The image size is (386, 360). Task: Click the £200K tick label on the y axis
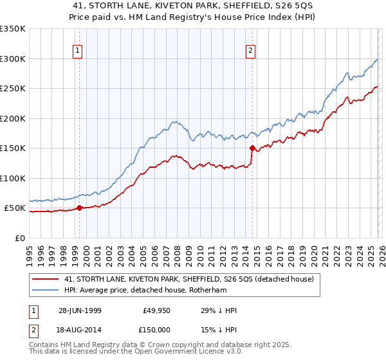click(13, 118)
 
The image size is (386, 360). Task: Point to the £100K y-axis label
click(13, 178)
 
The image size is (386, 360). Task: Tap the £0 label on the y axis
click(20, 238)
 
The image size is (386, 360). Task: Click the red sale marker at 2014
click(252, 148)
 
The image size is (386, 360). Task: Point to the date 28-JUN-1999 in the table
click(79, 311)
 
